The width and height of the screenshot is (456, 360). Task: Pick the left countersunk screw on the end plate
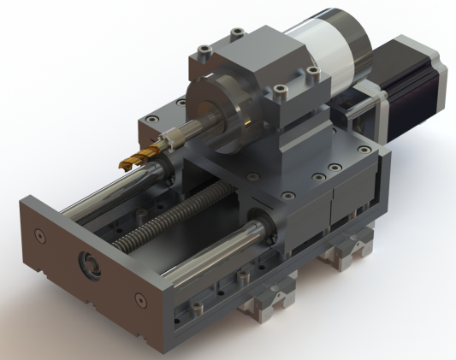pos(39,233)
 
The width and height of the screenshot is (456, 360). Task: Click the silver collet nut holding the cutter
pos(175,136)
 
